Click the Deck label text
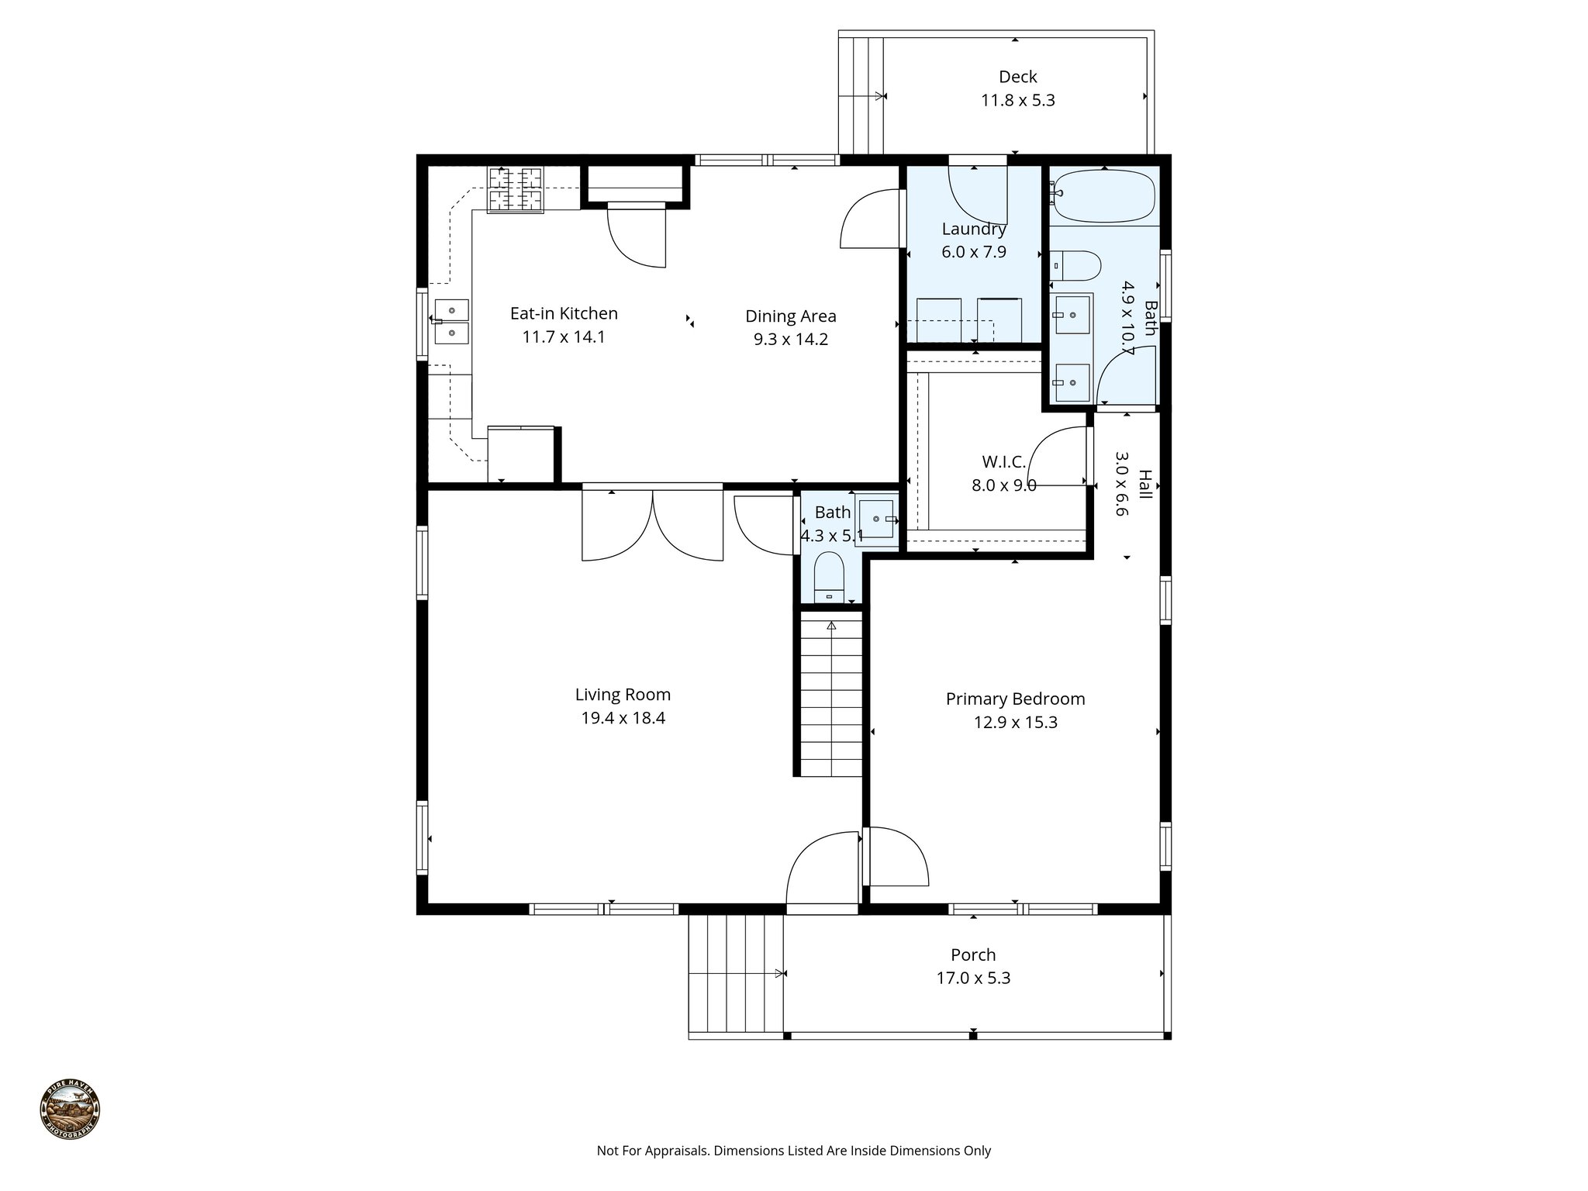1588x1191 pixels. click(x=1017, y=77)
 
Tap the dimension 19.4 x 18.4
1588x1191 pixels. click(x=623, y=718)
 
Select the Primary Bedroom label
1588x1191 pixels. click(x=1015, y=699)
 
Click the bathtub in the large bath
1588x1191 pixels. click(x=1105, y=197)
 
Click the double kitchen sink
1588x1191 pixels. click(x=451, y=321)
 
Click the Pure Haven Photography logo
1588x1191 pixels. click(x=70, y=1110)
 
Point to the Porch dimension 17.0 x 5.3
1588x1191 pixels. click(x=973, y=978)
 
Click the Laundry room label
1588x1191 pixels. click(x=974, y=229)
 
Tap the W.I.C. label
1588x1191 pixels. click(x=1003, y=462)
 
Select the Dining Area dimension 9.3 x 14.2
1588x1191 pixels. click(x=791, y=340)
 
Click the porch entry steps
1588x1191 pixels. click(x=736, y=974)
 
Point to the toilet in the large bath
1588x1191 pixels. click(x=1077, y=266)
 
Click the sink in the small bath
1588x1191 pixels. click(x=877, y=519)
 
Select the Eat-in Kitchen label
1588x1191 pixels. click(x=564, y=313)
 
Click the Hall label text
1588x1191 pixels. click(x=1144, y=485)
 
